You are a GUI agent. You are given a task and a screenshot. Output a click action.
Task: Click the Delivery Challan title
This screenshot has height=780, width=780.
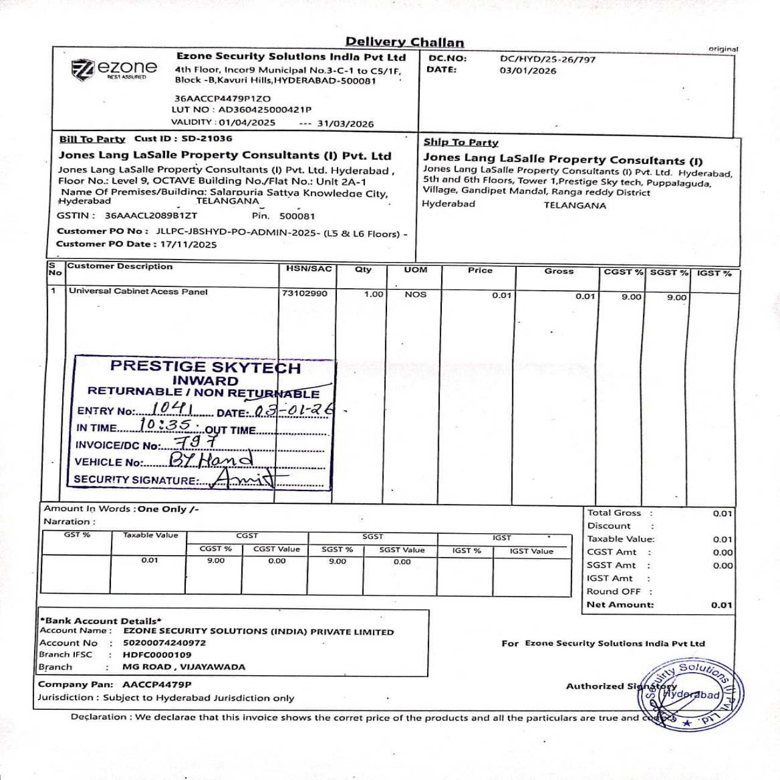click(405, 42)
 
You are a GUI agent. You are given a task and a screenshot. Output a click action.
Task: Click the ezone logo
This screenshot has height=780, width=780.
click(115, 69)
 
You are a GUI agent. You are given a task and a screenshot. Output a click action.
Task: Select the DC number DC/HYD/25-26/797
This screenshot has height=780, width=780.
click(547, 59)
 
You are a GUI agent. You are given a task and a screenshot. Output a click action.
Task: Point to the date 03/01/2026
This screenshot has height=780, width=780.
click(528, 71)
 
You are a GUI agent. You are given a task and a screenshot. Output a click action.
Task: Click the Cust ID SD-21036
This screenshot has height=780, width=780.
click(207, 138)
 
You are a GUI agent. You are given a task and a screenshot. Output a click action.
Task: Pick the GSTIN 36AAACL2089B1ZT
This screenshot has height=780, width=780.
click(151, 215)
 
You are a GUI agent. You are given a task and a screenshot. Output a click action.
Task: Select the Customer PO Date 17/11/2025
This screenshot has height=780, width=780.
click(188, 244)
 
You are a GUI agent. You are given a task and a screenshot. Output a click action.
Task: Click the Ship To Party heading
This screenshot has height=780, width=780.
click(461, 142)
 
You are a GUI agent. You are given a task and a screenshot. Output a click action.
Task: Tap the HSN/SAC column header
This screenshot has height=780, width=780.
click(309, 268)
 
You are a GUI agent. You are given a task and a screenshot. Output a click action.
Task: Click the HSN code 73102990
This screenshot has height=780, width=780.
click(305, 293)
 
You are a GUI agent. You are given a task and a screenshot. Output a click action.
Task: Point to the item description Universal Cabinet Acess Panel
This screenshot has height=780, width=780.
click(138, 291)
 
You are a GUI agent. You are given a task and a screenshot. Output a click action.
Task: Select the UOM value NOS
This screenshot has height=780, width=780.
click(416, 294)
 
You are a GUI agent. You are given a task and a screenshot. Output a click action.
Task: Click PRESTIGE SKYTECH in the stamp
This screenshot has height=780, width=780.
click(205, 367)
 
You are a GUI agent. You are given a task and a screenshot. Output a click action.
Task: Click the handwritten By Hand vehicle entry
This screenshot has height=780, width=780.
click(210, 459)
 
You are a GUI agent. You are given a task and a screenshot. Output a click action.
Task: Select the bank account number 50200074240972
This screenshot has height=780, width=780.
click(165, 642)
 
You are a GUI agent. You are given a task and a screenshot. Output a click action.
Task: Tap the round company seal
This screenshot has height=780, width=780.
click(690, 695)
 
